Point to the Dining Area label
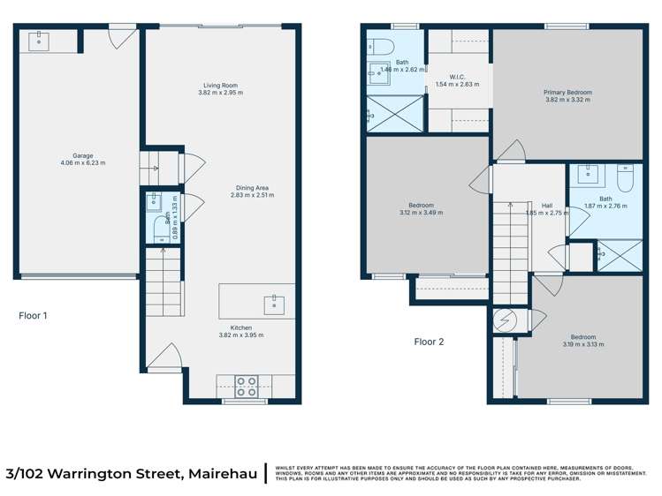pyautogui.click(x=251, y=187)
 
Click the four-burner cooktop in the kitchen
pyautogui.click(x=246, y=385)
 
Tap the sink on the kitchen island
pyautogui.click(x=271, y=305)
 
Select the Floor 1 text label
pyautogui.click(x=33, y=314)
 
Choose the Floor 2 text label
pyautogui.click(x=429, y=342)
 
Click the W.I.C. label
pyautogui.click(x=457, y=77)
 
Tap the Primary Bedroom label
pyautogui.click(x=567, y=92)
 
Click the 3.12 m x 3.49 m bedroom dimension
pyautogui.click(x=421, y=213)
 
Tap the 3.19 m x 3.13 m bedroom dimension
pyautogui.click(x=582, y=344)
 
